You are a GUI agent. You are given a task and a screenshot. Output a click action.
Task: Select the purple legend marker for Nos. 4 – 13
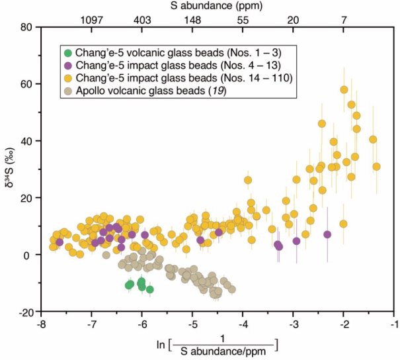[67, 66]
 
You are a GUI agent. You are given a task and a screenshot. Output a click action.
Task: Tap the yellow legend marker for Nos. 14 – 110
[67, 78]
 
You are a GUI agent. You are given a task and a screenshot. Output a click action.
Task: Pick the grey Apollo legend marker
[67, 90]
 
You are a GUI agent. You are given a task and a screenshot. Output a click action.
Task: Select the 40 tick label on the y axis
[26, 141]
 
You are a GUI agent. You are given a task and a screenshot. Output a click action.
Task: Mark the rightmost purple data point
[327, 234]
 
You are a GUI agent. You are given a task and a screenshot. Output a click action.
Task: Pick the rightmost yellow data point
[377, 167]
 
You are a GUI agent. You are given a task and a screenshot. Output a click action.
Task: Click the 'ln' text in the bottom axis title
[160, 345]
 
